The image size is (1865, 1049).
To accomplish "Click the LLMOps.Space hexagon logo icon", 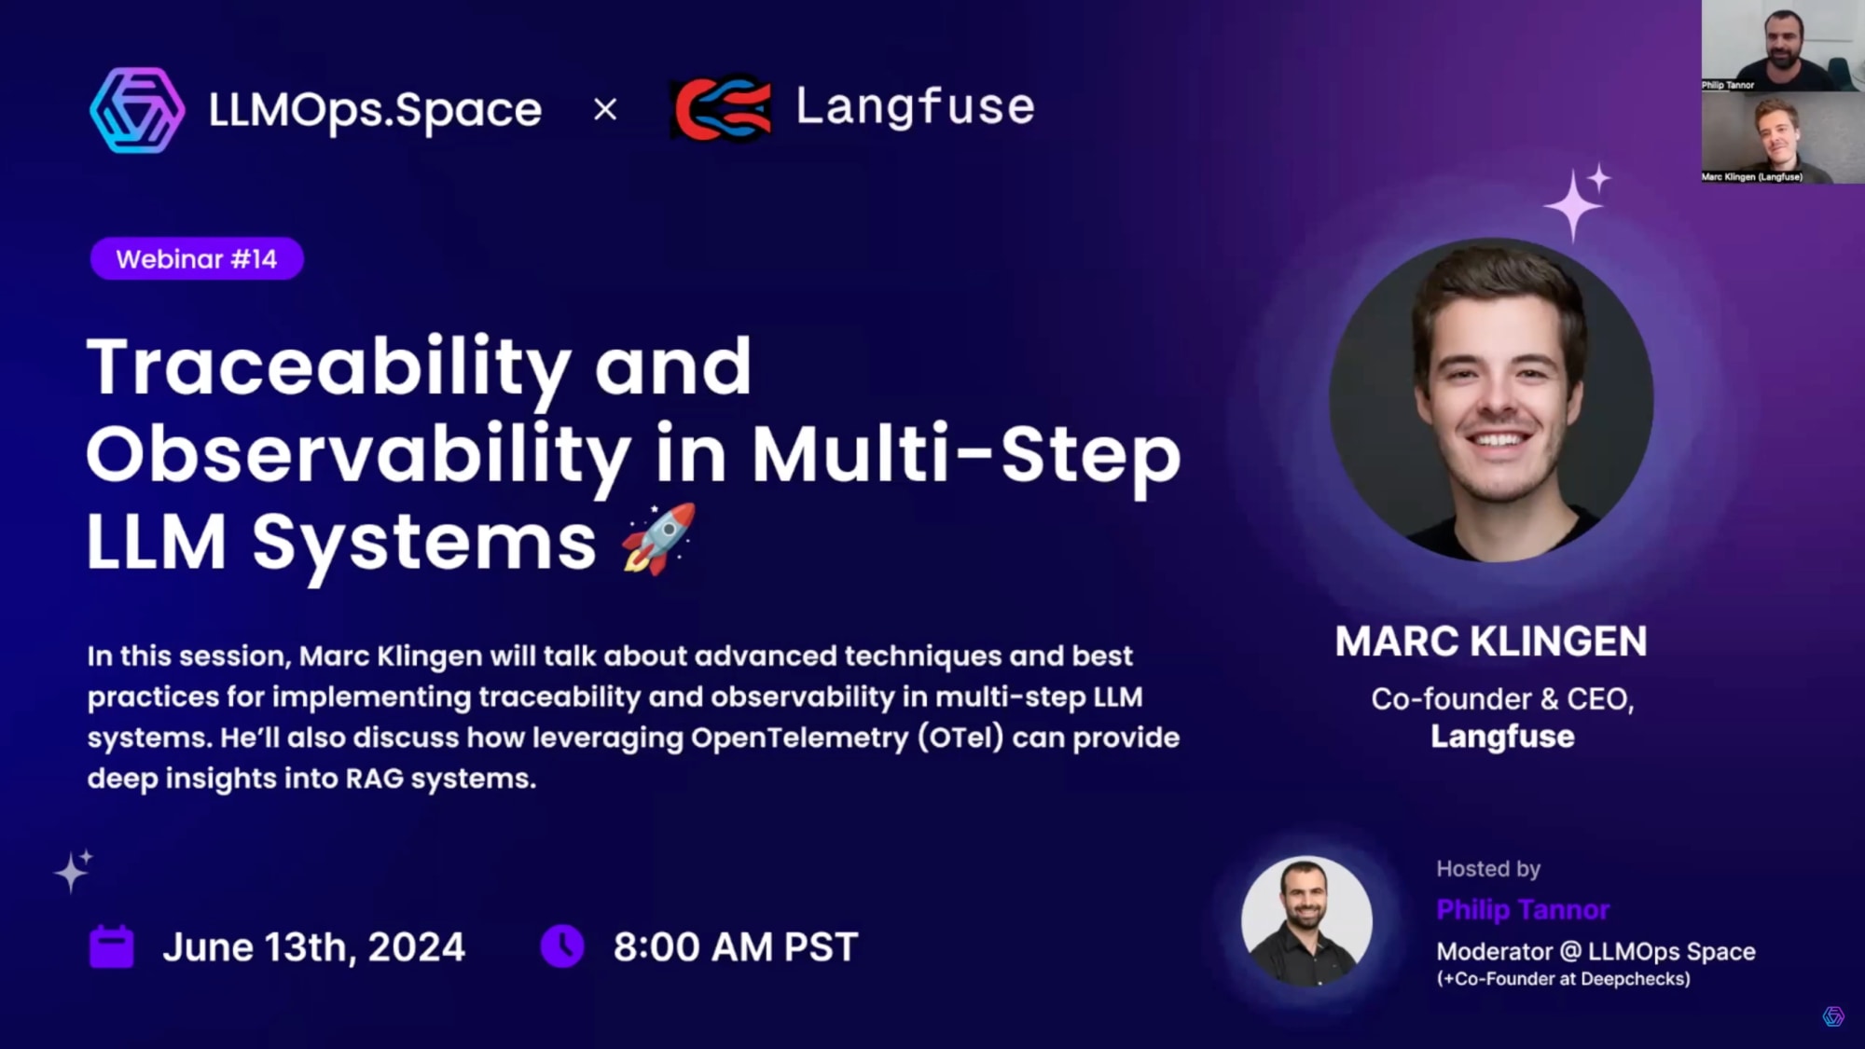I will click(x=137, y=110).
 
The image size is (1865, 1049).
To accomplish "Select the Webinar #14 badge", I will click(x=197, y=258).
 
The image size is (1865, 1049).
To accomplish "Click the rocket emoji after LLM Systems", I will click(x=659, y=539).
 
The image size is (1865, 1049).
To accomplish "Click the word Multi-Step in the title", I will click(x=966, y=454).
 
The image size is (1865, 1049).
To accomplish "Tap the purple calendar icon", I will click(x=112, y=946).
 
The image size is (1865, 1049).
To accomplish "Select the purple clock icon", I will click(x=562, y=945).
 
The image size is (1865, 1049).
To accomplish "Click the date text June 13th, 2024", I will click(x=313, y=947).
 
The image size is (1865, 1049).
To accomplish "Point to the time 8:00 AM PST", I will click(x=735, y=947).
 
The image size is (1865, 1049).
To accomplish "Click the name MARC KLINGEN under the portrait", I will click(x=1490, y=642).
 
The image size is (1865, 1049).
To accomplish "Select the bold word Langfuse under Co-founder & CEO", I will click(x=1502, y=737).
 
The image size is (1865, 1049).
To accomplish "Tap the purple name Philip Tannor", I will click(x=1522, y=909).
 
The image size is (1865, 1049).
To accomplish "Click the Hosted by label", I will click(x=1487, y=869).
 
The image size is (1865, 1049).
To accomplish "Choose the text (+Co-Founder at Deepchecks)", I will click(x=1563, y=979).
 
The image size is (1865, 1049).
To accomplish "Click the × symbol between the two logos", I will click(x=605, y=110).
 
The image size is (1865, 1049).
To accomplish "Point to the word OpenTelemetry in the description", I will click(x=799, y=738).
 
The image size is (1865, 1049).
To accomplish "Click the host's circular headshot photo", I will click(x=1306, y=921).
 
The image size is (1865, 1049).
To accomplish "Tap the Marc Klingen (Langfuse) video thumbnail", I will click(x=1782, y=137).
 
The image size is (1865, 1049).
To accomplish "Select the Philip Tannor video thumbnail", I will click(x=1782, y=45).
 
